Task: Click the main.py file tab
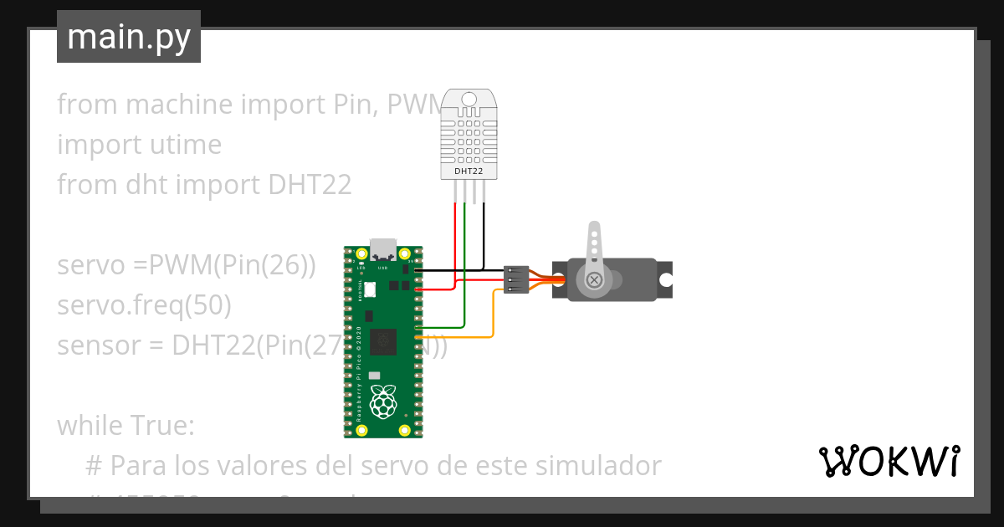(129, 37)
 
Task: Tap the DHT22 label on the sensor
(469, 171)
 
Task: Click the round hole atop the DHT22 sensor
(469, 100)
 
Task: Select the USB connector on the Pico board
(383, 249)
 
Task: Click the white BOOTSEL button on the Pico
(370, 289)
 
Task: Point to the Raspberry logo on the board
(383, 402)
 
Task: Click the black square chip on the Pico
(384, 341)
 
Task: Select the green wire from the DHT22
(464, 268)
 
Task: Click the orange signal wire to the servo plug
(493, 318)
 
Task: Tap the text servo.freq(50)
(144, 305)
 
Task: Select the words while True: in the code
(125, 426)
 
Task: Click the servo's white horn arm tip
(595, 228)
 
